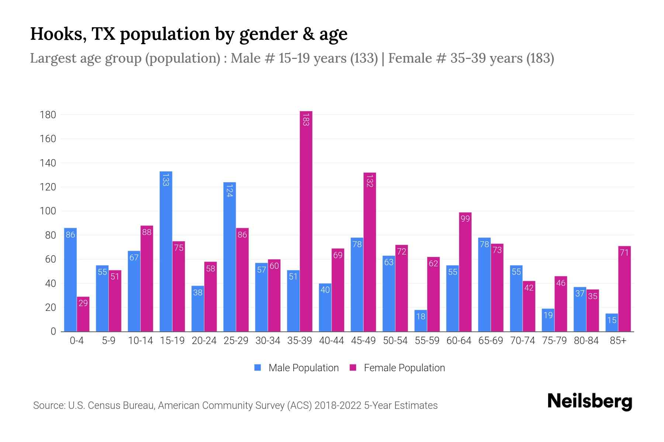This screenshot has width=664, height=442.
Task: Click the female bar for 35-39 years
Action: (306, 221)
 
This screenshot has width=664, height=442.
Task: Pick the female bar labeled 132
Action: (370, 252)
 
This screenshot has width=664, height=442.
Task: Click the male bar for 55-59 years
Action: (421, 320)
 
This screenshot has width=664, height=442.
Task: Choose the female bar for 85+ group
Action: (625, 289)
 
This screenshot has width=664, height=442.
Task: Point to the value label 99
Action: (465, 219)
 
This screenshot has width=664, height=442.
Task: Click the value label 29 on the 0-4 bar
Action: (83, 303)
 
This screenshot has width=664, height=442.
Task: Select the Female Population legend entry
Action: (397, 368)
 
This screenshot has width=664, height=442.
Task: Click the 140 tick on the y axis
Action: (48, 163)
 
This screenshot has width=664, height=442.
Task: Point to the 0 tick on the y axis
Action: (53, 331)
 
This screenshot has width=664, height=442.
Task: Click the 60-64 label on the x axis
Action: (459, 341)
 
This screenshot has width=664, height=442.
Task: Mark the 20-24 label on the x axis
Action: (204, 341)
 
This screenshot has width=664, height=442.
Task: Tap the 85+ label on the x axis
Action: (618, 341)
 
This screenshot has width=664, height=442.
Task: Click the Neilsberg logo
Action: (589, 401)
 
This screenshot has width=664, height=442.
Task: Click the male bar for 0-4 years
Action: (70, 280)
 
